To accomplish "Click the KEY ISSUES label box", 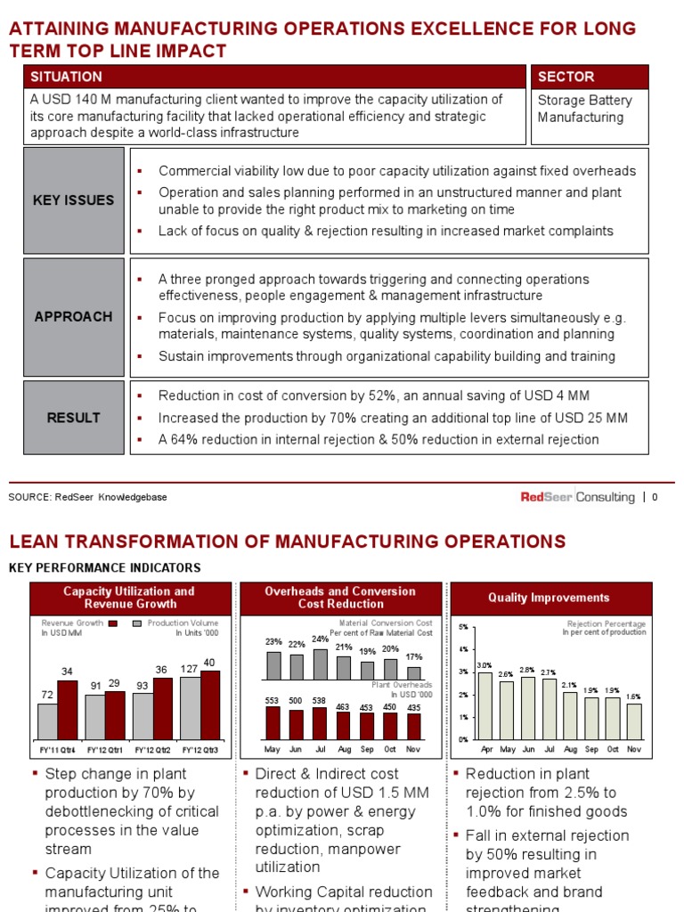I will (74, 200).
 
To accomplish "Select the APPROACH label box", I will (74, 316).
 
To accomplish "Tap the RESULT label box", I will (74, 418).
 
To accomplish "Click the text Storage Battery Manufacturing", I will (585, 109).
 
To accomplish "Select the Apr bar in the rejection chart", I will (485, 705).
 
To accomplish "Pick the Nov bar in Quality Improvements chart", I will (633, 721).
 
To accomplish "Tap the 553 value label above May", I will (273, 701).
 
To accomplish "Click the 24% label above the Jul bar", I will (321, 639).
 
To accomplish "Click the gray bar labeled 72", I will (48, 721).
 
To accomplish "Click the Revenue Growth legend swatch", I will (113, 623).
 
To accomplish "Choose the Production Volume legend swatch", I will (137, 623).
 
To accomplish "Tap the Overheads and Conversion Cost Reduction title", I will (340, 598).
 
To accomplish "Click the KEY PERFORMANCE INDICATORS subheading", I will (104, 567).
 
